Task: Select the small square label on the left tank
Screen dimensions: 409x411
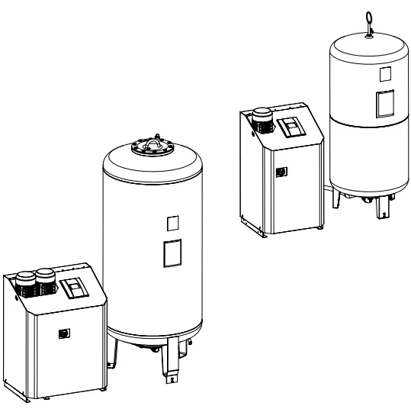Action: [x=172, y=223]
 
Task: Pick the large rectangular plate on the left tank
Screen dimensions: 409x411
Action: [x=172, y=253]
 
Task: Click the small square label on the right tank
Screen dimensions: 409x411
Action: [x=384, y=74]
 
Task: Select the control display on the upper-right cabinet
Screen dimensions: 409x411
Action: [x=292, y=126]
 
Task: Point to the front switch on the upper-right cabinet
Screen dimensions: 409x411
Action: [x=281, y=173]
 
